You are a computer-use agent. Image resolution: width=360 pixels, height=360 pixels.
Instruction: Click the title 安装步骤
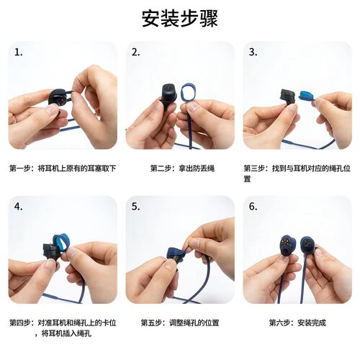[x=179, y=19]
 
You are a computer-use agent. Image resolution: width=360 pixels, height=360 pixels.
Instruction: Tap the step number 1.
[x=19, y=53]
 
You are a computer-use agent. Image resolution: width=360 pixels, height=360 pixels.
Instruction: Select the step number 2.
[x=135, y=53]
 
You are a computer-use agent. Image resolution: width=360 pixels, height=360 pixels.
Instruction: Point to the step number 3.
[x=253, y=53]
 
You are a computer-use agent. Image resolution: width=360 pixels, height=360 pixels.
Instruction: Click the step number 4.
[x=19, y=207]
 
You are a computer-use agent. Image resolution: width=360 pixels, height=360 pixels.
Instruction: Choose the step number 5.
[x=135, y=207]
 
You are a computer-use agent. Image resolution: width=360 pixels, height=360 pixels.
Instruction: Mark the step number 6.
[x=253, y=207]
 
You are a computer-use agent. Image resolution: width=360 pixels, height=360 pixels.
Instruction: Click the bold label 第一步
[x=21, y=168]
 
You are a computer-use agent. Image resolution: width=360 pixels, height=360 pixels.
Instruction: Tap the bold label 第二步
[x=162, y=168]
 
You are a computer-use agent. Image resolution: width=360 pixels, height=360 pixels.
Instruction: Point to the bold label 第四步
[x=21, y=323]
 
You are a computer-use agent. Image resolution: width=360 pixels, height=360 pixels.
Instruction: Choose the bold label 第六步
[x=281, y=323]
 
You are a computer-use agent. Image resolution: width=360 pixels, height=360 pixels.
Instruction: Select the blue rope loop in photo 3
[x=305, y=94]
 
